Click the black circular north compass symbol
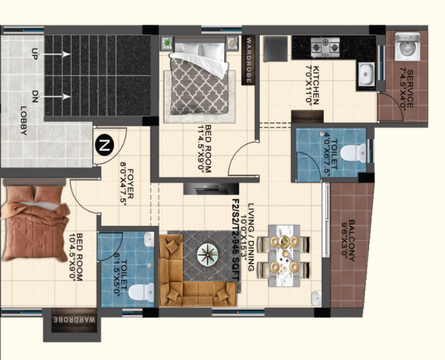tap(104, 145)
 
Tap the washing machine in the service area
tap(408, 46)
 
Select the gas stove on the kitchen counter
tap(325, 48)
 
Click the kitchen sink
tap(366, 74)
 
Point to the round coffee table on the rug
tap(208, 255)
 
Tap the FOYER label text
tap(131, 184)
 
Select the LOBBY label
tap(24, 120)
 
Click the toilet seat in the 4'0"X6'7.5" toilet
tap(353, 153)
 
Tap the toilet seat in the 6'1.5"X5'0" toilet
tap(141, 293)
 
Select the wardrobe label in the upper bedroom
tap(249, 60)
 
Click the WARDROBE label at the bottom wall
tap(75, 320)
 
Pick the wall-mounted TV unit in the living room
tap(211, 189)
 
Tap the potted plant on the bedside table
tap(167, 43)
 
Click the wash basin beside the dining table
tap(316, 299)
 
